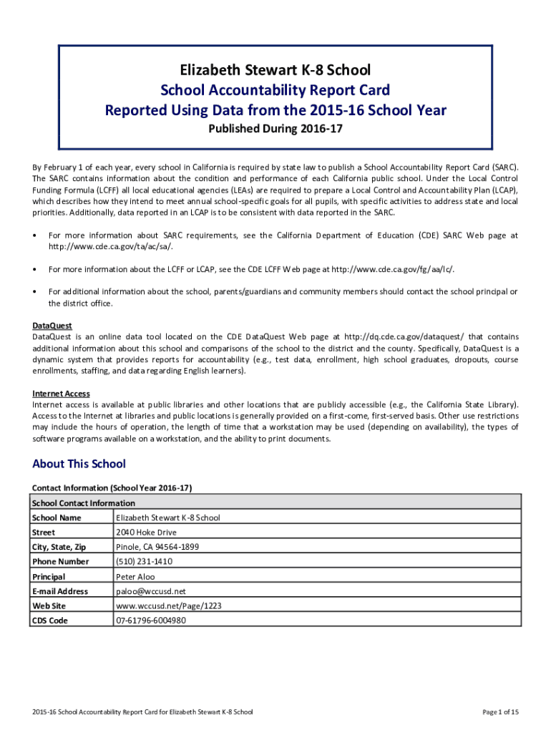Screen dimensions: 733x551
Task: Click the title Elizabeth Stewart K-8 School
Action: pos(275,70)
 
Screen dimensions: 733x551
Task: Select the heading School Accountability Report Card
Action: pos(275,90)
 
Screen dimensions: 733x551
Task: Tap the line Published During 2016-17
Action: pos(275,130)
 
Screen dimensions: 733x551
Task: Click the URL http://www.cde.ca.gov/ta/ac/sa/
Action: pos(110,246)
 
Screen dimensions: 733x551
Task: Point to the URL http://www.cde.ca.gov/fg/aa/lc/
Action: pos(392,269)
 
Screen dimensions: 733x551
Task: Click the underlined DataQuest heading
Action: pos(52,326)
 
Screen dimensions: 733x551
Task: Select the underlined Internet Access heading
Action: pos(61,394)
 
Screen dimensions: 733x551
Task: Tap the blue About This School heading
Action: pos(79,464)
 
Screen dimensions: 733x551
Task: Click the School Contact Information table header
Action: pos(84,503)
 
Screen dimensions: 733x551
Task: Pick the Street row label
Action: pos(44,533)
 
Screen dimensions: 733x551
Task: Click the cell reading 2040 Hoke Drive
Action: pos(146,533)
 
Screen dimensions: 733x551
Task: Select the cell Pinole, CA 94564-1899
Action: pos(157,547)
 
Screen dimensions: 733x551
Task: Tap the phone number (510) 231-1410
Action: pos(144,562)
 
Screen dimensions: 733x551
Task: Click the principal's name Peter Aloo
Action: pos(135,576)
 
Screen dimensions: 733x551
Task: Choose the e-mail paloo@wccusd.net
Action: pos(150,591)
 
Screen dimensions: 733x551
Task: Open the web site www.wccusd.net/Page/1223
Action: pos(168,606)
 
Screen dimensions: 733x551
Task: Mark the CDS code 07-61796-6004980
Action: pos(151,621)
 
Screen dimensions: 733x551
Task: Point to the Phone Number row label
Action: pos(60,562)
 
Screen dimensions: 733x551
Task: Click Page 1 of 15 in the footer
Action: pos(501,712)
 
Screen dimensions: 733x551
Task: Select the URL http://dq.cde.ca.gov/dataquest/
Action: pos(404,336)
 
